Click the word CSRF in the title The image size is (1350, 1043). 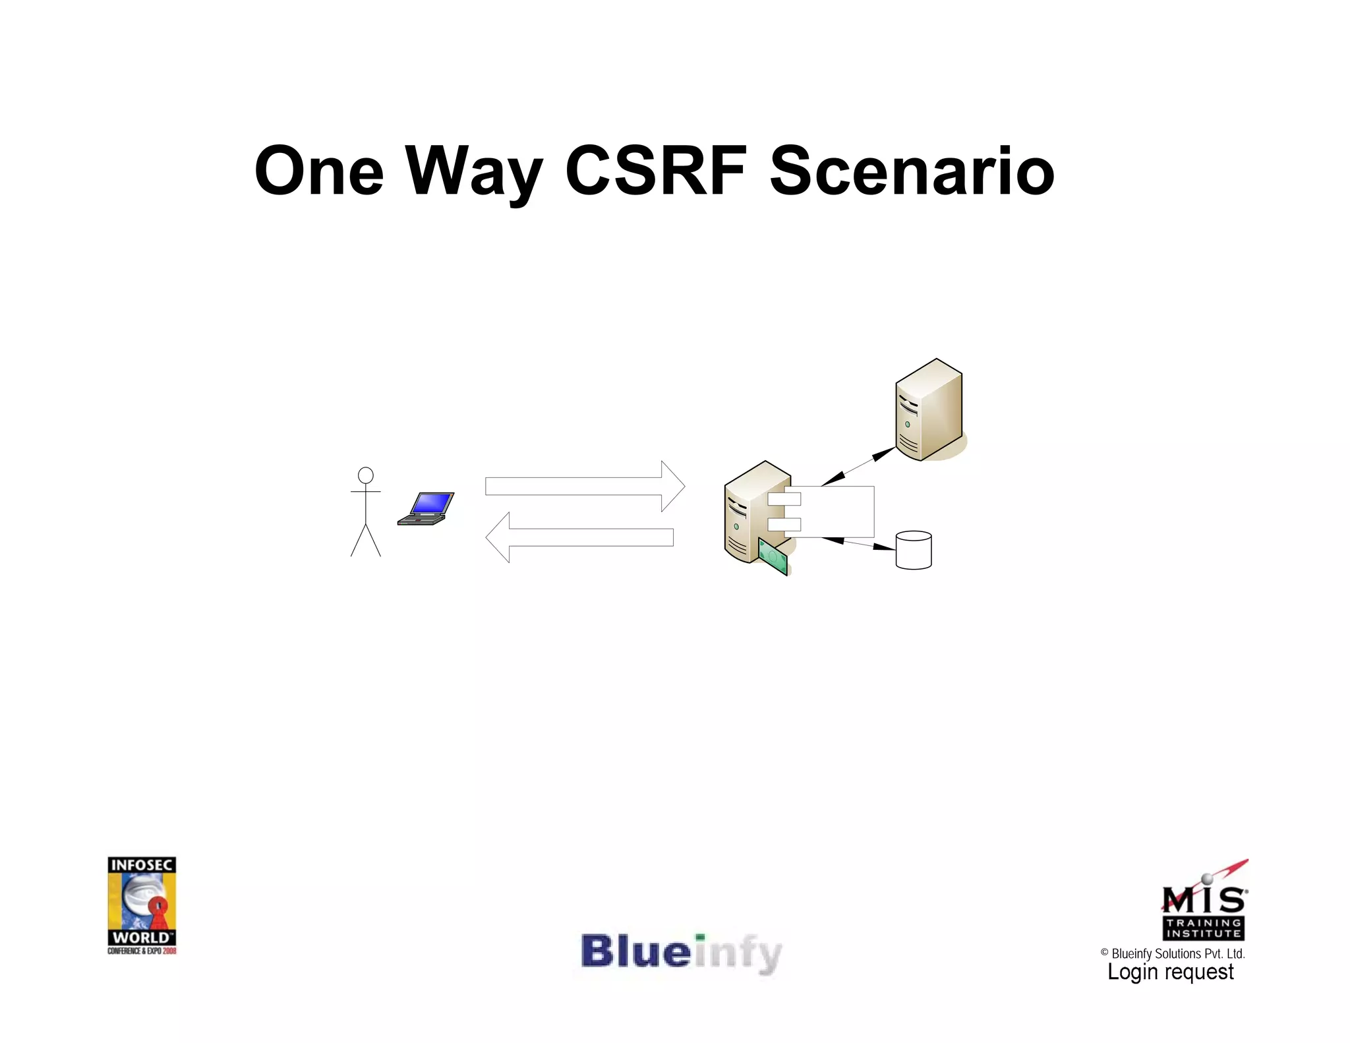pyautogui.click(x=656, y=171)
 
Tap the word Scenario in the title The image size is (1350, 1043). pyautogui.click(x=912, y=171)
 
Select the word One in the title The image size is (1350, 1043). pyautogui.click(x=319, y=171)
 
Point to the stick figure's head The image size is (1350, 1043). pyautogui.click(x=366, y=475)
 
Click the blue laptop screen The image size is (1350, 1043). pyautogui.click(x=432, y=504)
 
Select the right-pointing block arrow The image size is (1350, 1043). pyautogui.click(x=585, y=487)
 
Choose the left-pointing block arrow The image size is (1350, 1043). pyautogui.click(x=579, y=537)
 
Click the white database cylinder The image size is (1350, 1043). pyautogui.click(x=914, y=551)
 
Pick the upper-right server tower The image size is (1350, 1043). pyautogui.click(x=929, y=409)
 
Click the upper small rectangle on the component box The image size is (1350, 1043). pyautogui.click(x=784, y=499)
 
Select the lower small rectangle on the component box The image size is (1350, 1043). pyautogui.click(x=784, y=525)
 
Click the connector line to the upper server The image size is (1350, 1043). pyautogui.click(x=858, y=466)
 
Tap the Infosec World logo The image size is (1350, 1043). pyautogui.click(x=142, y=905)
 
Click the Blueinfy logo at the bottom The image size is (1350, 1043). pyautogui.click(x=682, y=953)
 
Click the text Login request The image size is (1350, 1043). pyautogui.click(x=1170, y=972)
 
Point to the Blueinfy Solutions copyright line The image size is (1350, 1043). pyautogui.click(x=1173, y=953)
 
